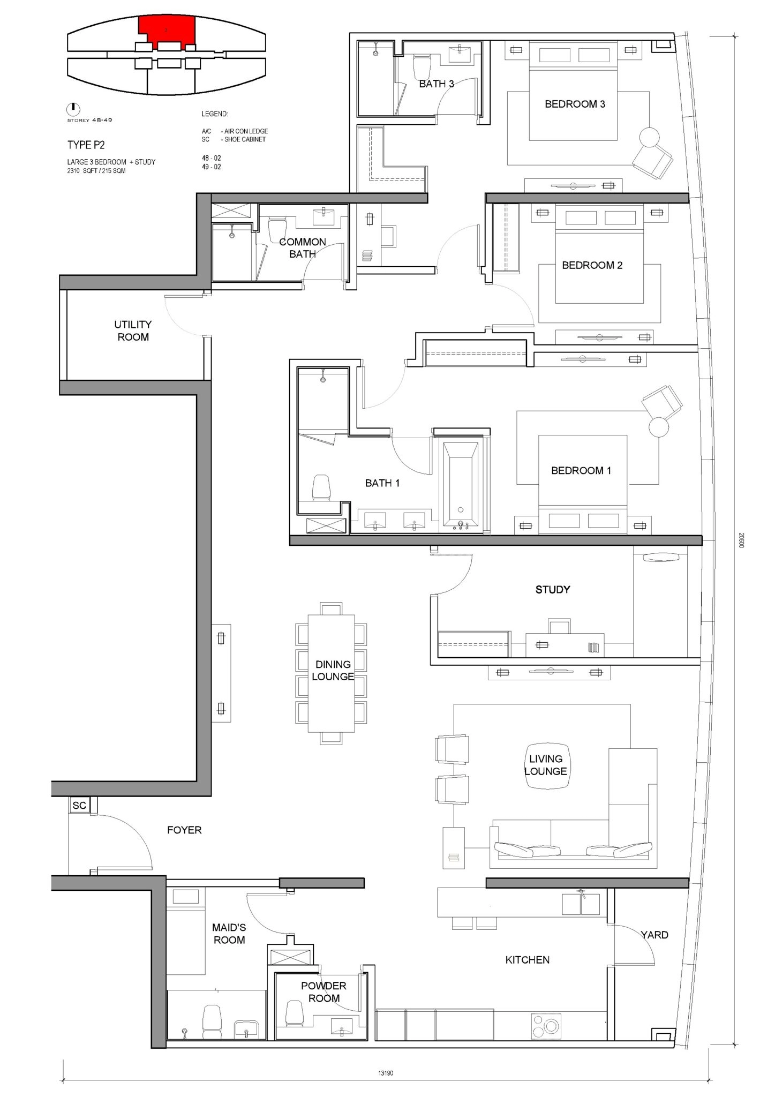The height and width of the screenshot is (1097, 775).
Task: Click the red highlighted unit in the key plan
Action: click(x=167, y=31)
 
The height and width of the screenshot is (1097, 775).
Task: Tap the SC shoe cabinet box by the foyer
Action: click(x=79, y=805)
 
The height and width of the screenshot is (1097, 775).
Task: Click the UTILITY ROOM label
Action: click(x=133, y=330)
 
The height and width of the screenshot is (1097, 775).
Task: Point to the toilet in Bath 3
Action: click(x=422, y=67)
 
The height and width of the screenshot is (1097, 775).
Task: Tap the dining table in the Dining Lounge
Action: click(x=332, y=673)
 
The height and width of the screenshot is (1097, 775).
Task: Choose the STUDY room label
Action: click(x=553, y=589)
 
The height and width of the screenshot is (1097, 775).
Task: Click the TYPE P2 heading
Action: click(x=86, y=145)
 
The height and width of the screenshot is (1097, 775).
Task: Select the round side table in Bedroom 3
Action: click(x=651, y=137)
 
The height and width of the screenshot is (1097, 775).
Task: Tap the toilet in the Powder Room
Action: click(x=294, y=1012)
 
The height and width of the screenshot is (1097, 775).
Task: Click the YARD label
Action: click(x=654, y=935)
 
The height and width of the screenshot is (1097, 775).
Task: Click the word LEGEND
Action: click(x=214, y=114)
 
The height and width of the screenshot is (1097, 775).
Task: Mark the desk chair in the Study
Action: click(x=559, y=626)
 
